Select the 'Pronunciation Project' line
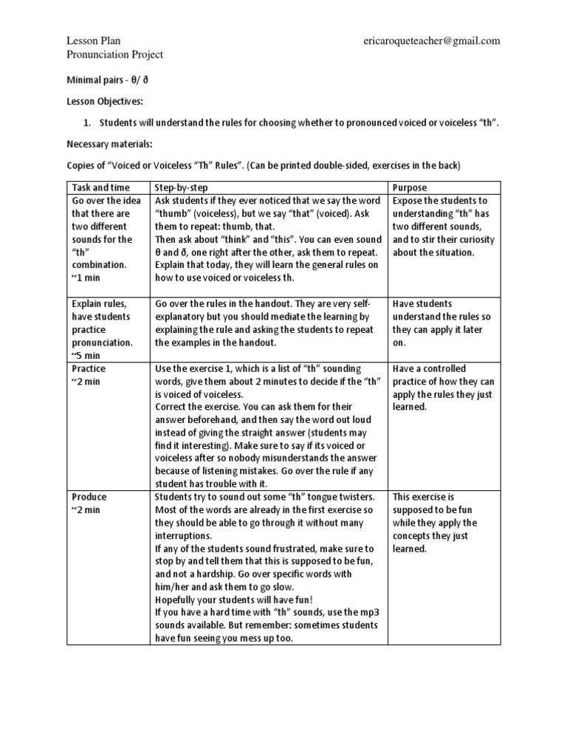[114, 55]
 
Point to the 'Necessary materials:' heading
[109, 144]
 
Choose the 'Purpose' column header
[410, 188]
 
